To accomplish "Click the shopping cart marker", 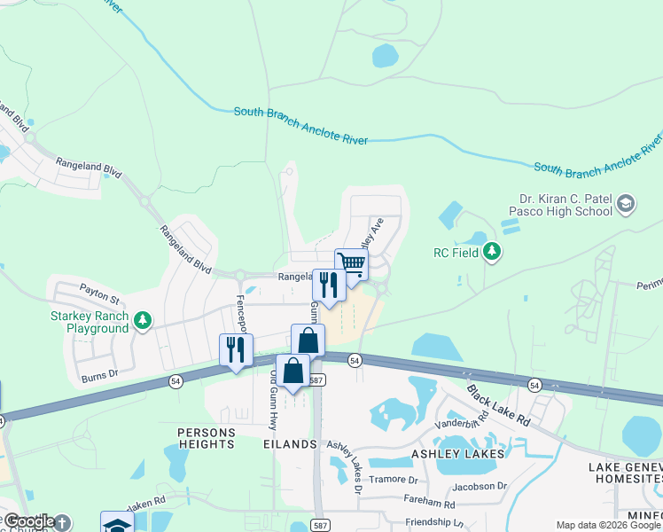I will pyautogui.click(x=351, y=264).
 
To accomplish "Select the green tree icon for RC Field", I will pyautogui.click(x=493, y=253).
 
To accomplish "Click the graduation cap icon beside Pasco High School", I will pyautogui.click(x=626, y=204).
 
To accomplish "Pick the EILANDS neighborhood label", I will pyautogui.click(x=290, y=443).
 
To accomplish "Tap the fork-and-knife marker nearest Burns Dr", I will pyautogui.click(x=236, y=349).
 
